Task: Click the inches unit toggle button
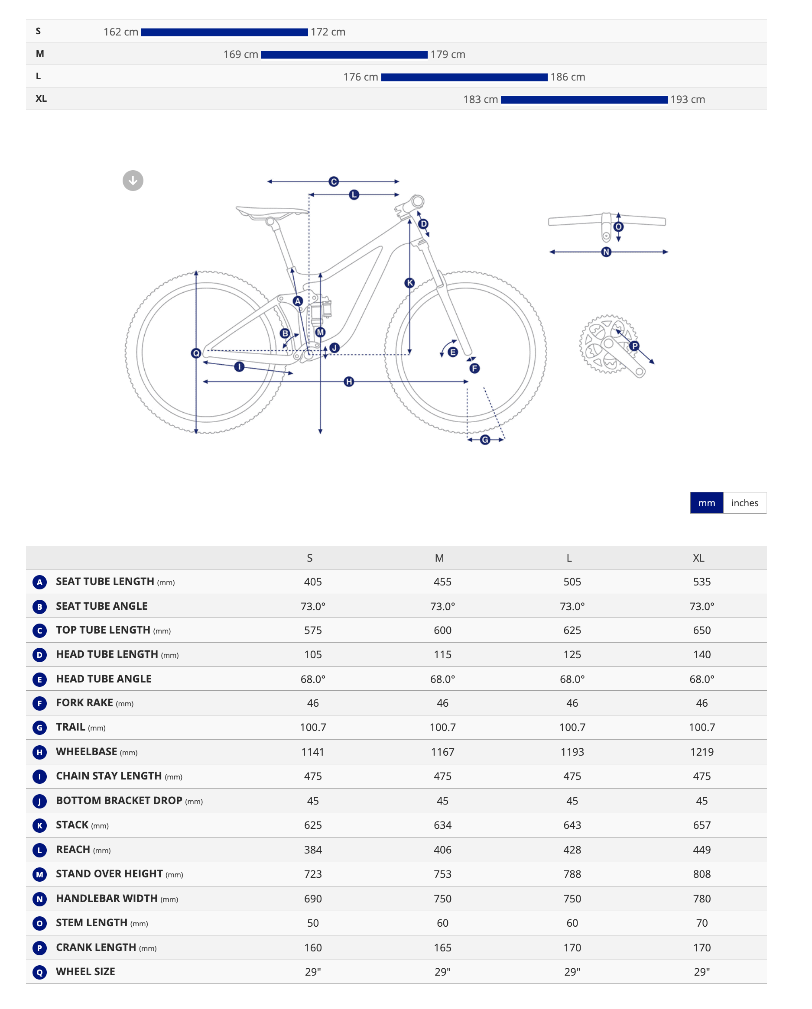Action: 744,503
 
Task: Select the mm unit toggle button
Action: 707,503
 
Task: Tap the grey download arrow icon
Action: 133,181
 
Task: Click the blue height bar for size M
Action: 344,55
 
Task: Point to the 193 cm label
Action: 688,100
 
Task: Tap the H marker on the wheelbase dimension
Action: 349,382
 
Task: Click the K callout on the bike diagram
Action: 410,283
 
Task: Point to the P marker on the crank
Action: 634,346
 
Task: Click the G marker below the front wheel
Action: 485,440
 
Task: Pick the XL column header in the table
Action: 698,558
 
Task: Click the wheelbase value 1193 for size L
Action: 572,752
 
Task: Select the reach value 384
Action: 313,850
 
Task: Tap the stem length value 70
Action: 702,923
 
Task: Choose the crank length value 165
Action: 442,948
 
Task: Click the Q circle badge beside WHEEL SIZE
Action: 39,973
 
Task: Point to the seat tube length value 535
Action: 702,582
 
